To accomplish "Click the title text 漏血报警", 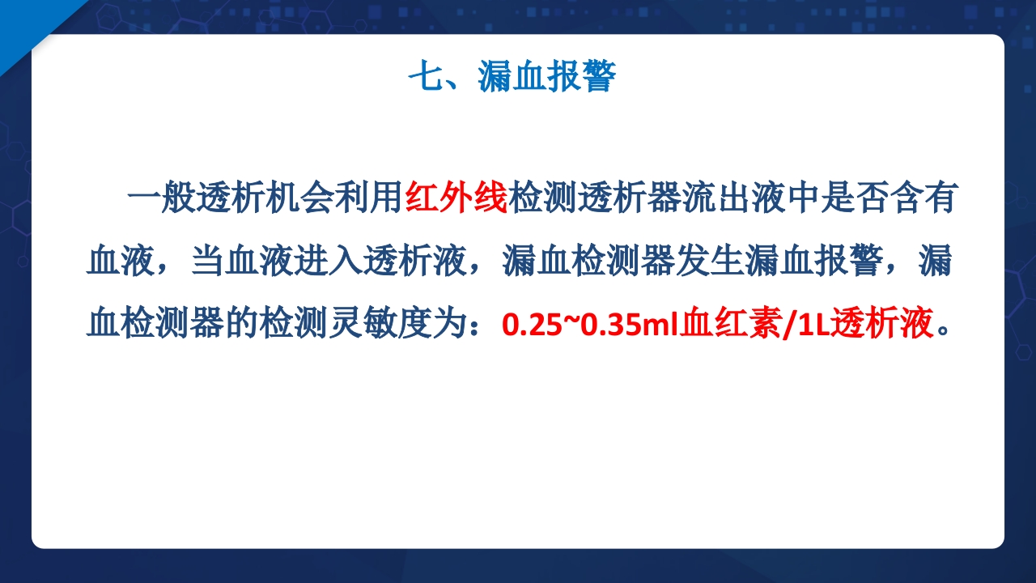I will coord(546,79).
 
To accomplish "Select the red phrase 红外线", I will coord(456,199).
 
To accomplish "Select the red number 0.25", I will coord(525,326).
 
